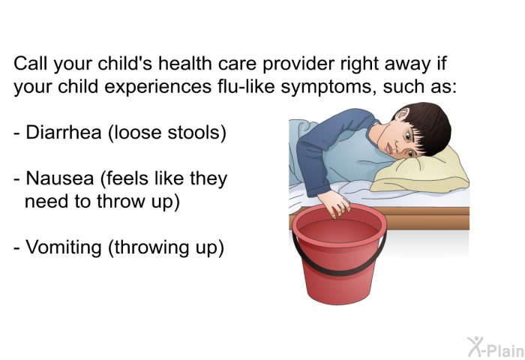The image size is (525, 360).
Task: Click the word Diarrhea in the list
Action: [x=64, y=132]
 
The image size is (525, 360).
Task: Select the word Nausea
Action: [x=60, y=178]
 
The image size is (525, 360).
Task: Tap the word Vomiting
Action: [x=64, y=248]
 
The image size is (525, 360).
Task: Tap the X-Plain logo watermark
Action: [x=496, y=347]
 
